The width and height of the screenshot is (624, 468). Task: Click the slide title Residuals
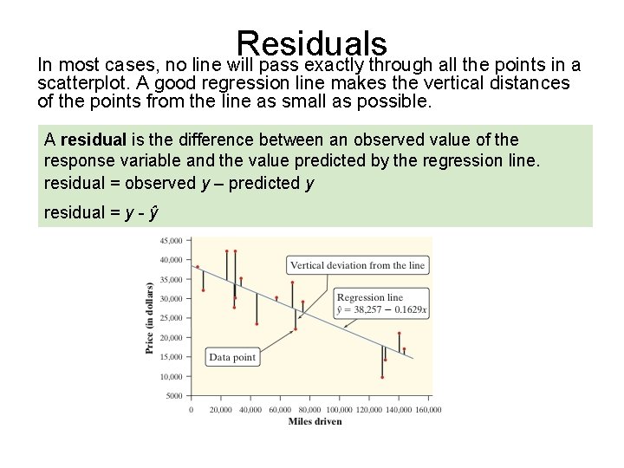point(311,43)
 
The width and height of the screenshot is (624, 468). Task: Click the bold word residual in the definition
point(90,140)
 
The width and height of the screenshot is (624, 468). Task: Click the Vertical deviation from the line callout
point(357,265)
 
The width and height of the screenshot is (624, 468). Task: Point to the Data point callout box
point(233,356)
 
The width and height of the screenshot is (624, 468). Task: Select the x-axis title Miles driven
point(315,421)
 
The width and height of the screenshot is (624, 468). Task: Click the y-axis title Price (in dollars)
point(149,317)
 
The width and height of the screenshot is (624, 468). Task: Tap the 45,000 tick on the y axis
point(171,240)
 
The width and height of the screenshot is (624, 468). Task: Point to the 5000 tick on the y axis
point(173,396)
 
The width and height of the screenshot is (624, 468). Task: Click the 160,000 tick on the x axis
point(427,409)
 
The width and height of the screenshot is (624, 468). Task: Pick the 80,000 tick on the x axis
point(309,409)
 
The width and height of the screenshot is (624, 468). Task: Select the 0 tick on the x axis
point(191,409)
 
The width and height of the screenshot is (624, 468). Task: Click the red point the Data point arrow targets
point(296,329)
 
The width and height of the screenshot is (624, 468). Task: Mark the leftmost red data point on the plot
point(198,267)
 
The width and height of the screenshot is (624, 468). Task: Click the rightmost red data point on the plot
point(404,349)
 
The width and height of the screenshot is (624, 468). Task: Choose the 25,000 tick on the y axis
point(171,318)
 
